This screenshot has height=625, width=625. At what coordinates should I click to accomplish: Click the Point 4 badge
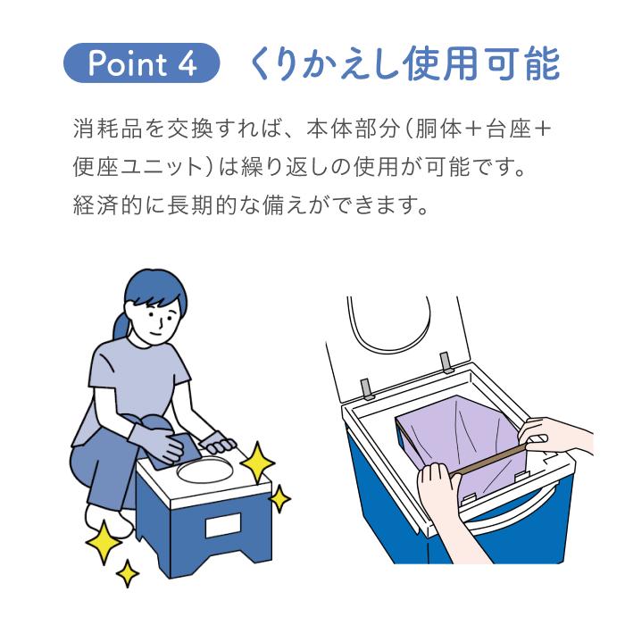pos(141,63)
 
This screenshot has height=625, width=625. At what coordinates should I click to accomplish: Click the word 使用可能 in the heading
pos(481,63)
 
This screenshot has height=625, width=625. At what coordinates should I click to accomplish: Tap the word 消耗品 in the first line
pos(108,129)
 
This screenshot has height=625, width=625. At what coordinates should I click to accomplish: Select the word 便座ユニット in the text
pos(138,167)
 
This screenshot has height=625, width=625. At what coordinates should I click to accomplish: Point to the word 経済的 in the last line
pos(108,204)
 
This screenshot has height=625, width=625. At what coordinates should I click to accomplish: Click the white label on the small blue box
pos(223,525)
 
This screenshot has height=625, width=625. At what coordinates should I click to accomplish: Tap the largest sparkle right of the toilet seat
pos(257,462)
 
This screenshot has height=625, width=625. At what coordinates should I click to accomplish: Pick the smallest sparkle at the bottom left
pos(128,573)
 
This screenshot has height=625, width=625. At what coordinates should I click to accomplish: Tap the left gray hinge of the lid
pos(367,389)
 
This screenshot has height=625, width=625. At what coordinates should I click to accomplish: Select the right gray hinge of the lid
pos(446,362)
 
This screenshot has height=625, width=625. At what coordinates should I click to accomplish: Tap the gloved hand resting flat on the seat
pos(218,443)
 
